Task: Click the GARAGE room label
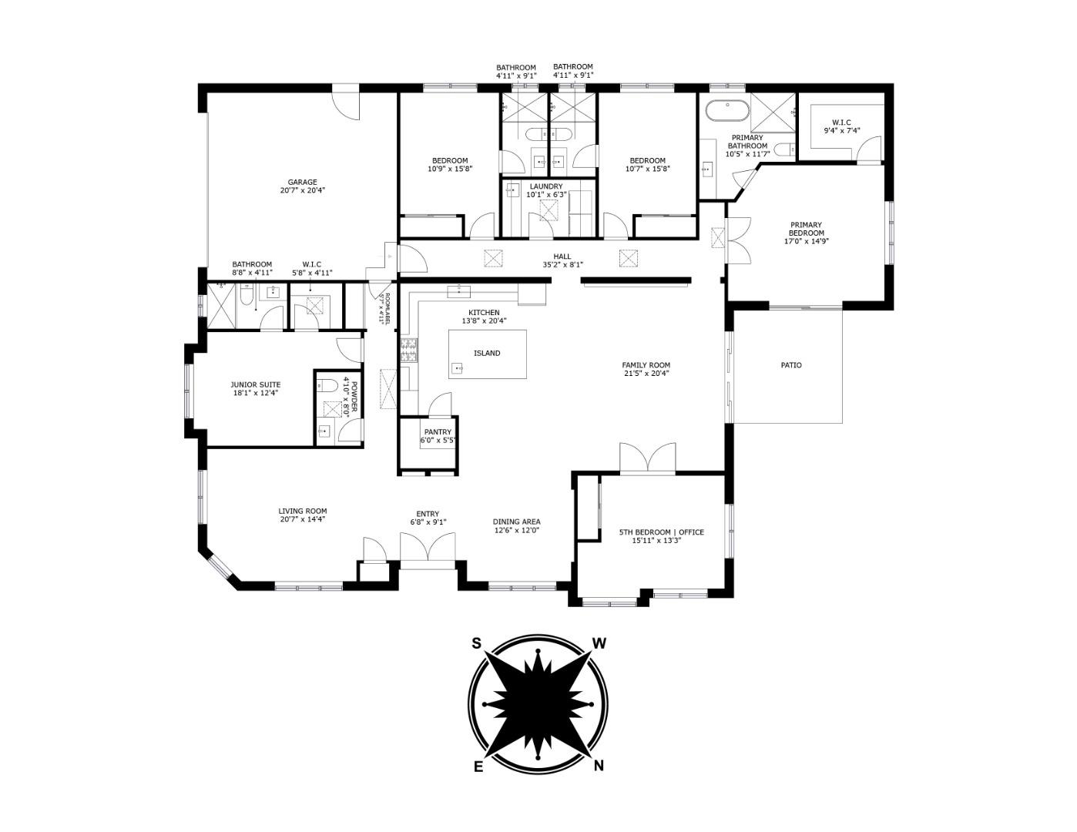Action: (x=302, y=183)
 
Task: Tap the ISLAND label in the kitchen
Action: (x=487, y=353)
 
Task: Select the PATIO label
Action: (x=791, y=365)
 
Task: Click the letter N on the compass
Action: (x=599, y=765)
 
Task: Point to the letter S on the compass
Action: (x=477, y=643)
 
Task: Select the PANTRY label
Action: (x=438, y=432)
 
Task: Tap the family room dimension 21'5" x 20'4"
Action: (x=646, y=374)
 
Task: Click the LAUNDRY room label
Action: (x=545, y=186)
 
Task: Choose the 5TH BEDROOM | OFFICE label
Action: (x=661, y=532)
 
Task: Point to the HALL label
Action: (x=562, y=257)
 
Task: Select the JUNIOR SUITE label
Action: (x=256, y=384)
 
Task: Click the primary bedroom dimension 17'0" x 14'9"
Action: (x=806, y=241)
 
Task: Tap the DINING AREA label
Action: (x=516, y=522)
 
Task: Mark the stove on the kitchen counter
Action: (x=408, y=351)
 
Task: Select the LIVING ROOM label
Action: (x=303, y=511)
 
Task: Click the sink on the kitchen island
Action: (x=459, y=368)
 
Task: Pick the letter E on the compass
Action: (x=478, y=765)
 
